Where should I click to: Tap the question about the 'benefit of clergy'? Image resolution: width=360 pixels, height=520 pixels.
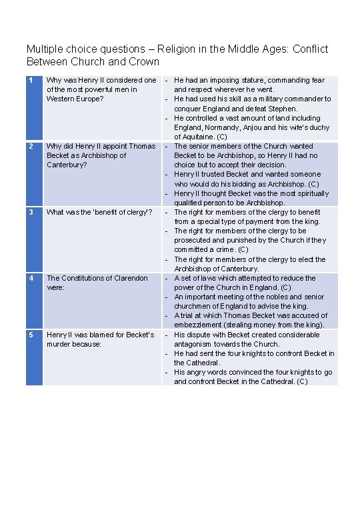coord(99,212)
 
